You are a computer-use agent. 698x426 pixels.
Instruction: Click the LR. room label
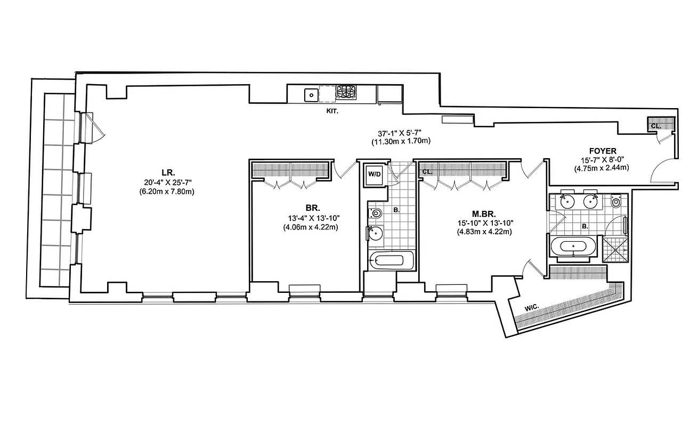(166, 172)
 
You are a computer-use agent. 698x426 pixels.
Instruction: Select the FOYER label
(603, 151)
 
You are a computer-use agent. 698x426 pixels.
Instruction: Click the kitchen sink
(311, 95)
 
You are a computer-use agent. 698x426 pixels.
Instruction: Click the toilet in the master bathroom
(616, 202)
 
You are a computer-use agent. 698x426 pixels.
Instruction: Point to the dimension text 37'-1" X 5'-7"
(401, 133)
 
